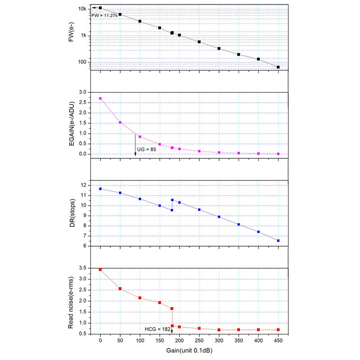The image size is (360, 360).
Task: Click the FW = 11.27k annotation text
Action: click(x=104, y=15)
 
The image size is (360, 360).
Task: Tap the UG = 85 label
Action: click(x=147, y=149)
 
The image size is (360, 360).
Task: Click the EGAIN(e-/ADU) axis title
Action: click(x=71, y=123)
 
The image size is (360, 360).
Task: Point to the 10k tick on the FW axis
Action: click(x=82, y=9)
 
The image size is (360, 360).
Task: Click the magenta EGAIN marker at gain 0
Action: click(x=100, y=98)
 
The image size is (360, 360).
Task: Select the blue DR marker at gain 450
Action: click(x=278, y=241)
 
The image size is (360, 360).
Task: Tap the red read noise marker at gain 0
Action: click(x=100, y=270)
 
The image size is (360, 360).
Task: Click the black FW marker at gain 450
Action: click(x=278, y=67)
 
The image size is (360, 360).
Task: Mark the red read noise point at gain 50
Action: click(x=120, y=288)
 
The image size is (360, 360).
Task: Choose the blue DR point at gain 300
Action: click(x=219, y=217)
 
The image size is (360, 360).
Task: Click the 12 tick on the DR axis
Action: click(x=83, y=185)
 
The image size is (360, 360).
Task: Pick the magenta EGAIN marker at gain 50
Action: click(x=120, y=122)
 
